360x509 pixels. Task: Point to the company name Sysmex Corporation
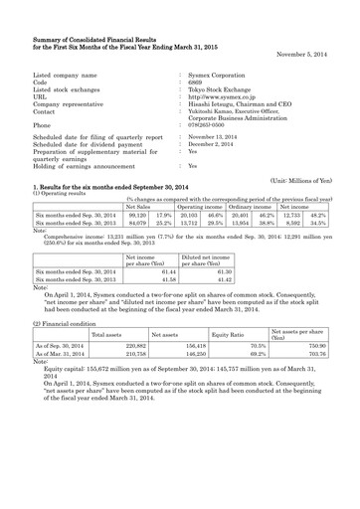point(220,75)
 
